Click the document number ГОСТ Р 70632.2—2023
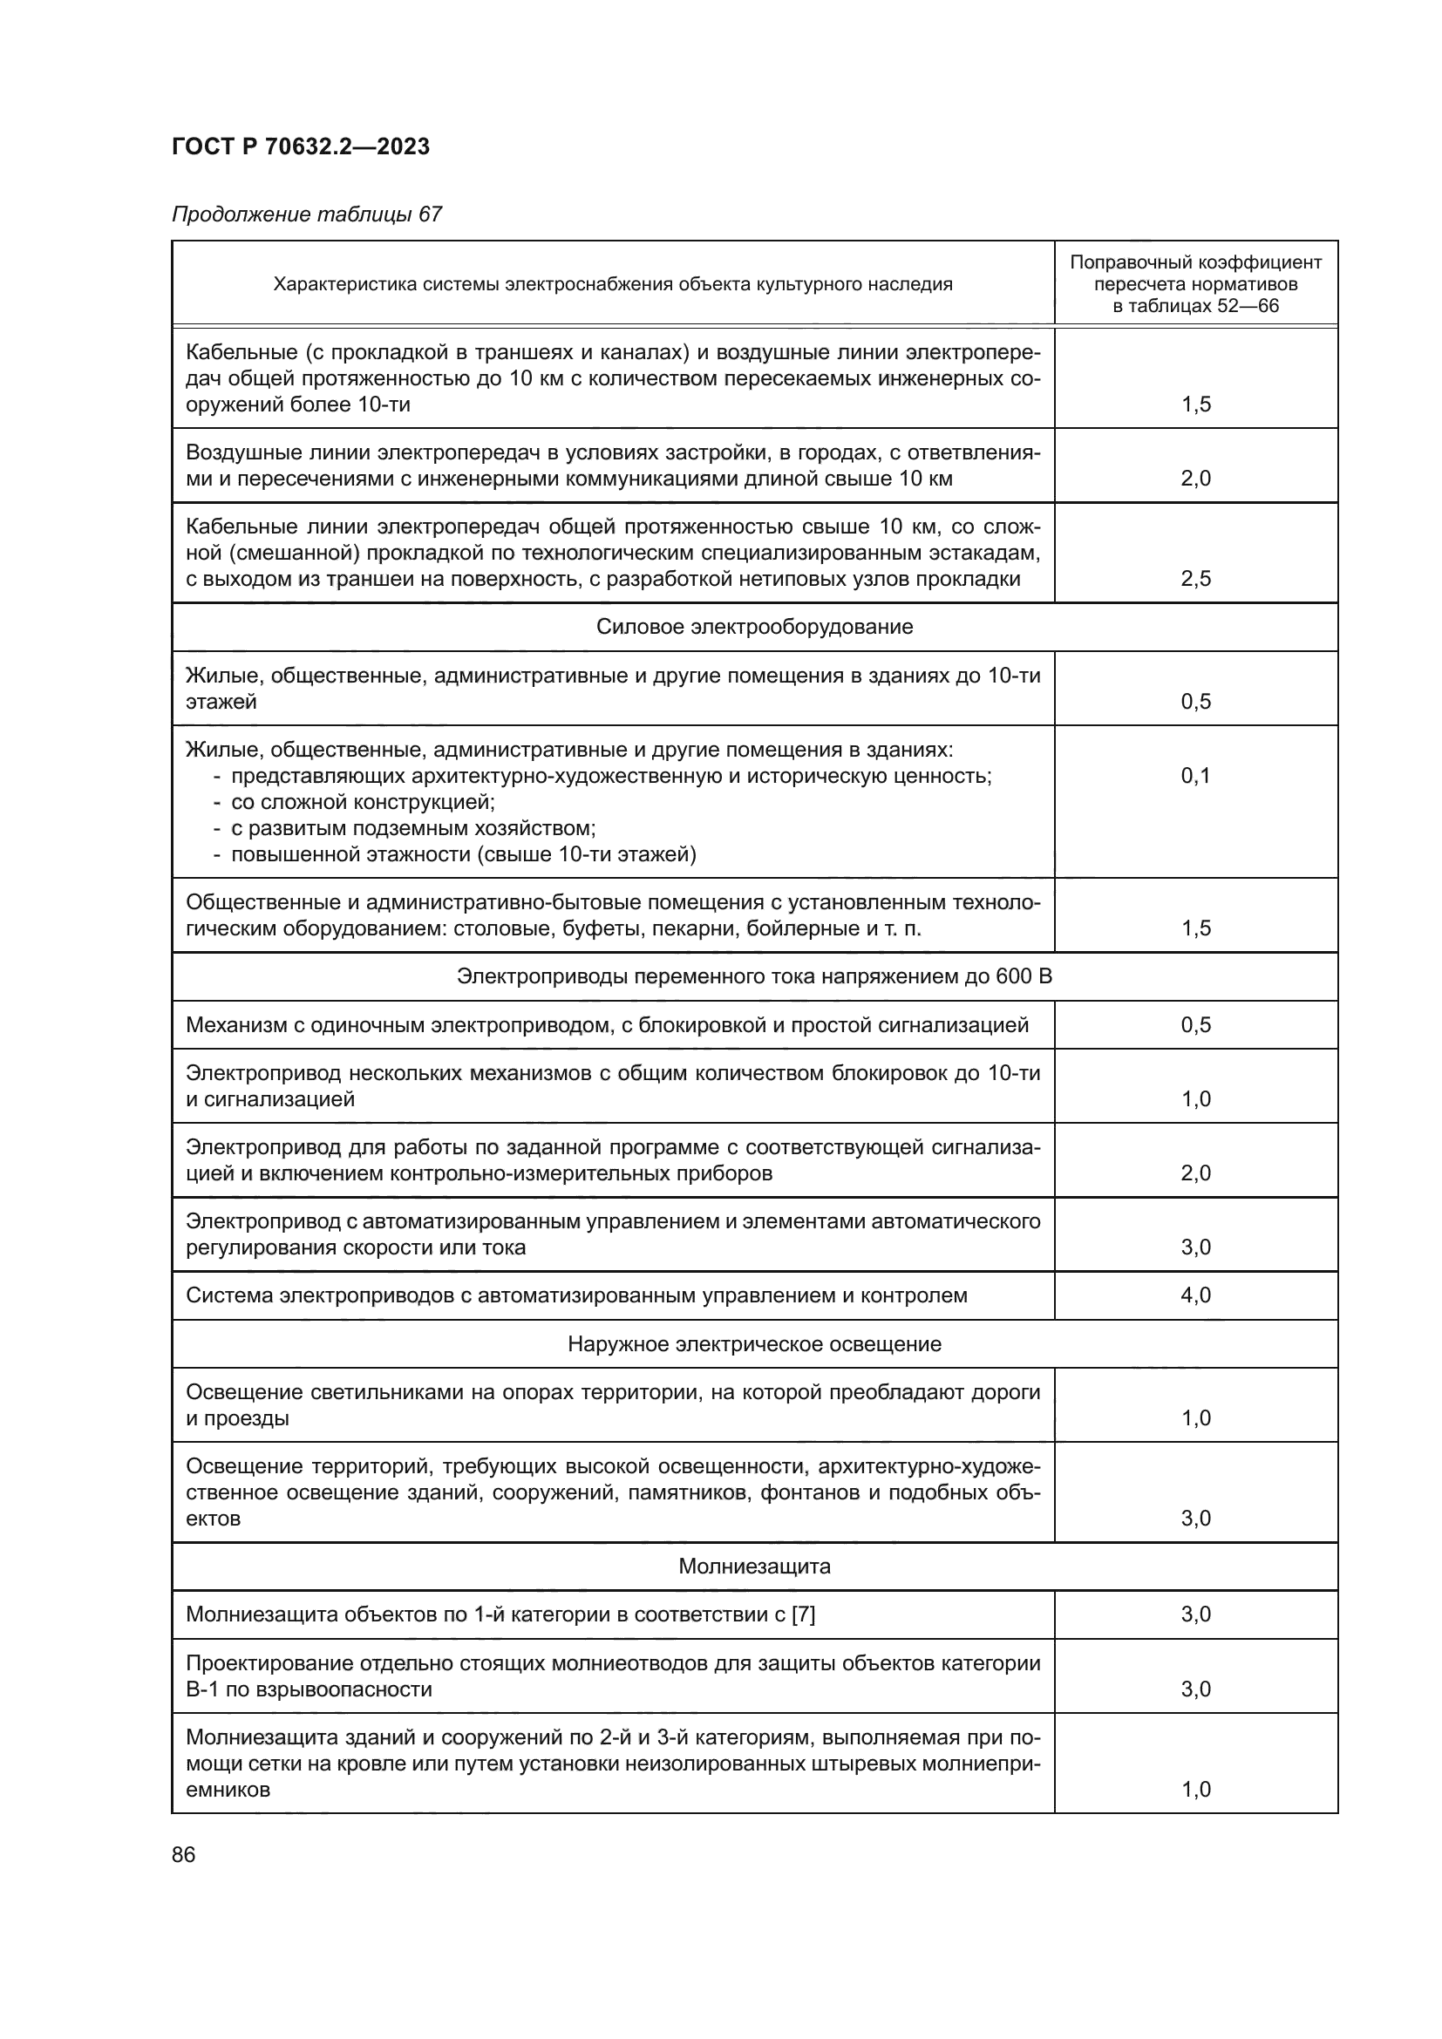tap(300, 146)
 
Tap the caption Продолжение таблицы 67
tap(306, 215)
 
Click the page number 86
tap(184, 1854)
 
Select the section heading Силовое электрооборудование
tap(754, 627)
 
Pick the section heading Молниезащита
tap(754, 1566)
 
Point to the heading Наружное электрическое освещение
tap(754, 1343)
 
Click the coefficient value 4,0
tap(1195, 1295)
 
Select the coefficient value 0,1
tap(1195, 775)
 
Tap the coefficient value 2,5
tap(1195, 579)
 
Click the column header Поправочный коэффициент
tap(1195, 263)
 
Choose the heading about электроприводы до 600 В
tap(754, 977)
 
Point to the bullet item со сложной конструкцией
tap(363, 802)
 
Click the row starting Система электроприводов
tap(576, 1295)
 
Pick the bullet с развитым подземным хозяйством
tap(413, 827)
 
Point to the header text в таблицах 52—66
tap(1195, 306)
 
